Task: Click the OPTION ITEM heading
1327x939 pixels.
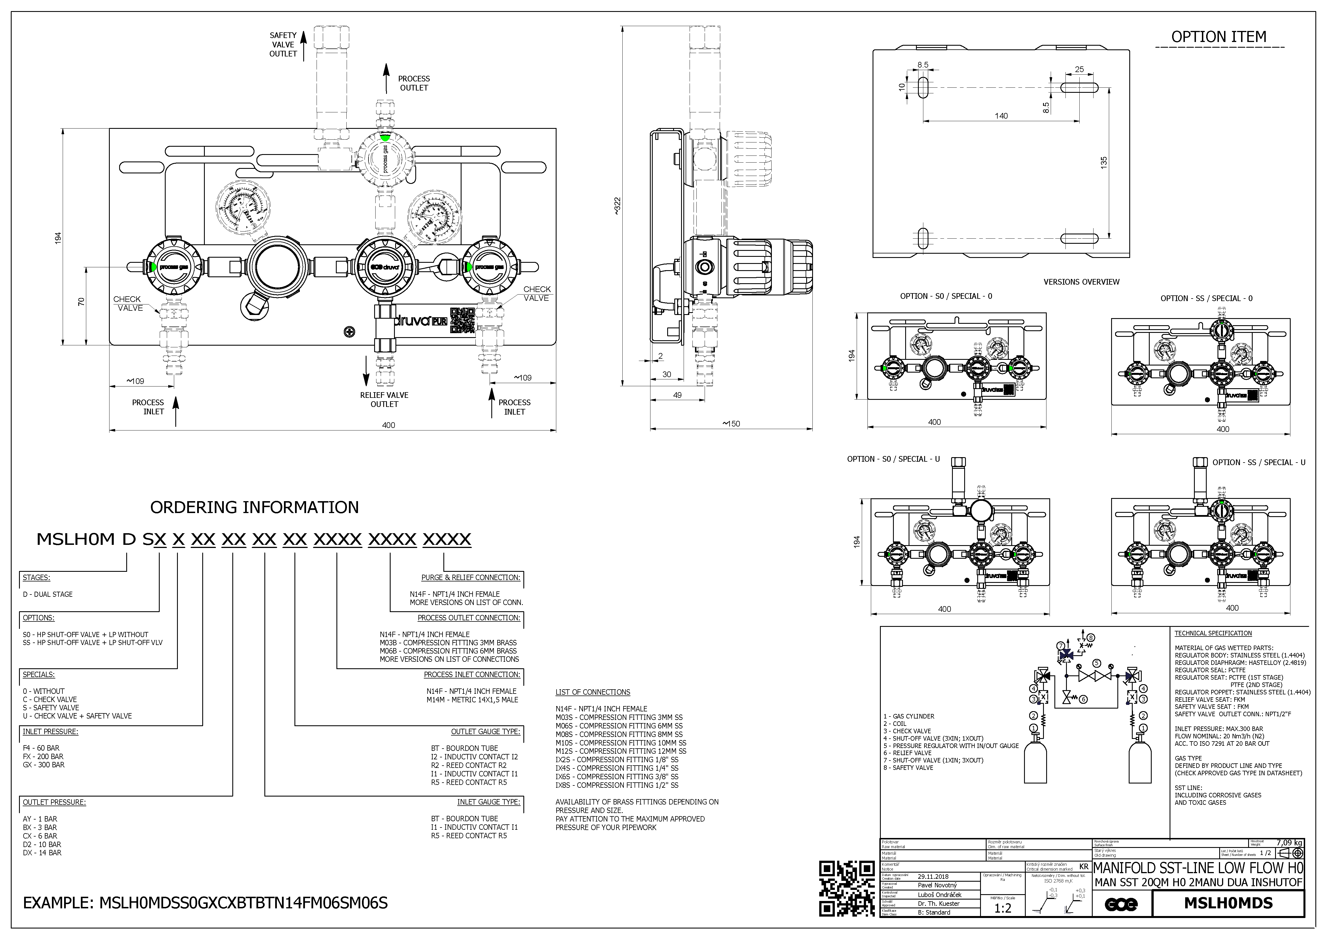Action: [x=1218, y=37]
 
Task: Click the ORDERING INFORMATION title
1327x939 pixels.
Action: [x=254, y=508]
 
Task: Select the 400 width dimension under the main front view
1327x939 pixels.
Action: [x=388, y=425]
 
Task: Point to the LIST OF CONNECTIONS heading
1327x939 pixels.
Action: [x=592, y=692]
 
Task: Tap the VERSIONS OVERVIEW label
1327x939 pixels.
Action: [x=1081, y=282]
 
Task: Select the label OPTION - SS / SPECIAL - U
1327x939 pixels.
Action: [x=1258, y=463]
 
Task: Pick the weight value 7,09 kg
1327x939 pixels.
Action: [x=1289, y=843]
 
